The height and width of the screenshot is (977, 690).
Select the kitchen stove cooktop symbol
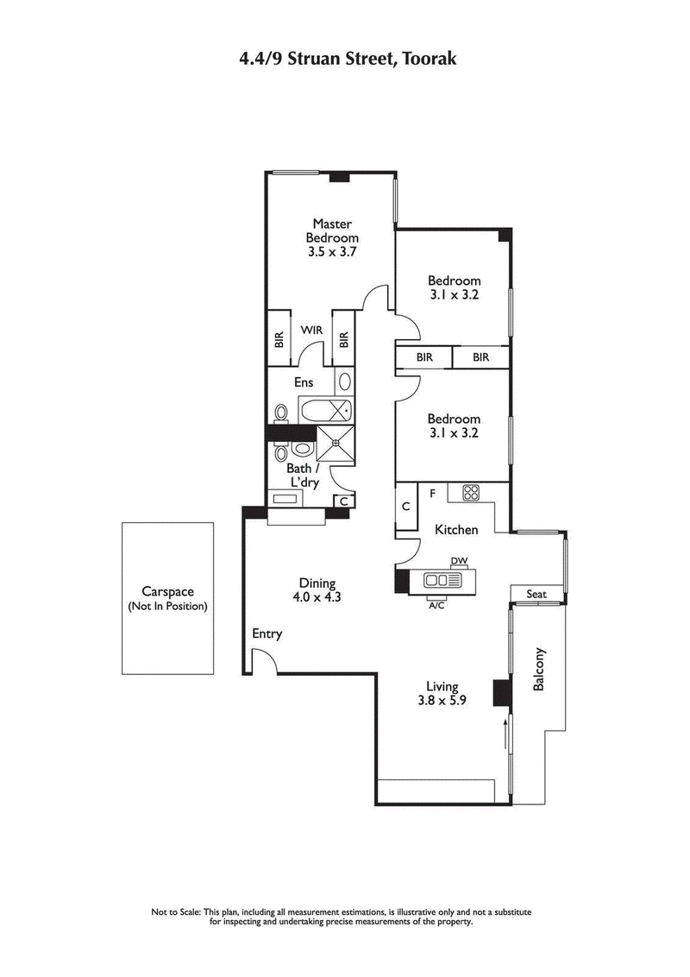[x=471, y=493]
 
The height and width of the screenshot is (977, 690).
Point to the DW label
[x=459, y=561]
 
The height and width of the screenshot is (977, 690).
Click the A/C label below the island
[x=436, y=605]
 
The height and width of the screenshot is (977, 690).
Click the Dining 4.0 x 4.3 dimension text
[x=311, y=589]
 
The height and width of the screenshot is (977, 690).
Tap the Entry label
[x=267, y=634]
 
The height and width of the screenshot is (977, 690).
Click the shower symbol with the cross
[x=336, y=444]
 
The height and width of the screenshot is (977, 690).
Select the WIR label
[x=311, y=330]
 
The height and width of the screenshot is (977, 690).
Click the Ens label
[x=304, y=382]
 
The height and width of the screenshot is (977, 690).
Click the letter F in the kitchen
[x=432, y=493]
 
